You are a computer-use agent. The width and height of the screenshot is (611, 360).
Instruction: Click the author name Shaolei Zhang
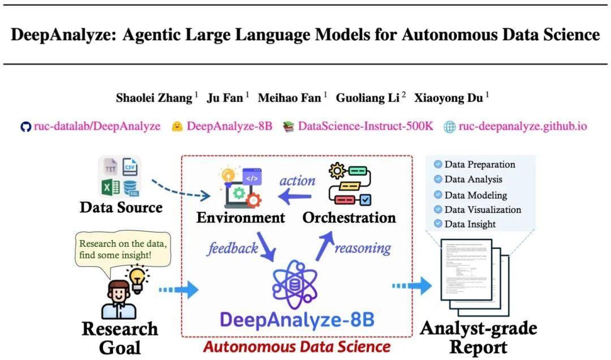point(154,98)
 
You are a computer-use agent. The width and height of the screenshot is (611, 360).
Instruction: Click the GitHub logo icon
point(25,126)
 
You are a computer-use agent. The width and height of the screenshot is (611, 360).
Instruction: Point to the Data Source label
point(121,207)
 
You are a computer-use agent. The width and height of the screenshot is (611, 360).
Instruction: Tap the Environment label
point(241,217)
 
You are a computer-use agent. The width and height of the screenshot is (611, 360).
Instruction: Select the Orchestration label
point(349,217)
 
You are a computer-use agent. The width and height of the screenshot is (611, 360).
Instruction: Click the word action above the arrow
point(297,181)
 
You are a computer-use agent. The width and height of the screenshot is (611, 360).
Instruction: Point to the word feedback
point(233,248)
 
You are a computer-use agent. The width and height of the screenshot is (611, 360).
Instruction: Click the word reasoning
point(363,248)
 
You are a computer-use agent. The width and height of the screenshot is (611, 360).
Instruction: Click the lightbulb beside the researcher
point(137,280)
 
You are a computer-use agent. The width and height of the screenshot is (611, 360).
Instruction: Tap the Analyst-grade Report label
point(479,337)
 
